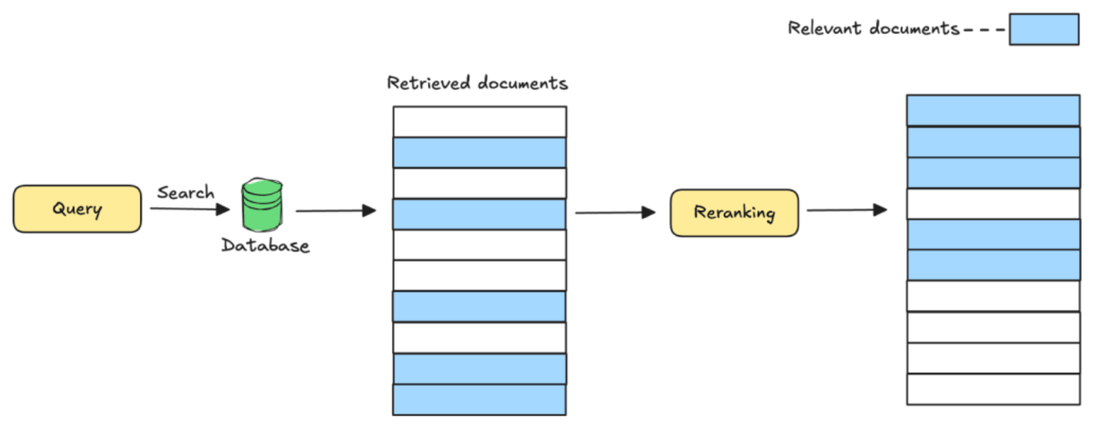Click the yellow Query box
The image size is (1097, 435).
tap(77, 209)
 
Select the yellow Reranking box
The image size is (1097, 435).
tap(734, 213)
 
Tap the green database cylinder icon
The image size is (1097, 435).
tap(262, 205)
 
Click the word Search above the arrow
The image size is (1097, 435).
tap(185, 193)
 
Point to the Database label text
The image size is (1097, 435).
tap(265, 245)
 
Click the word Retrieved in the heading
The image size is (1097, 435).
tap(428, 83)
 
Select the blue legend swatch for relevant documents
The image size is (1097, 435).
tap(1044, 29)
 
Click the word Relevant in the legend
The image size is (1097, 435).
tap(824, 28)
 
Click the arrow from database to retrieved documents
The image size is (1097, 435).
tap(335, 211)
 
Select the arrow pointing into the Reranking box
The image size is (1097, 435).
tap(615, 213)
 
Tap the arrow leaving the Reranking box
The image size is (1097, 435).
tap(847, 210)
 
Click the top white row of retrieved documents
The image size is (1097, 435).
tap(479, 122)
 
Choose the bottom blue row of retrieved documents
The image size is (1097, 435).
tap(479, 400)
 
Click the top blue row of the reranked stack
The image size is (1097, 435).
tap(993, 111)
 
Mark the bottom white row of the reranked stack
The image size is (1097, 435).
tap(993, 389)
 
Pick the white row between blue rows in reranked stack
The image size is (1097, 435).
tap(993, 204)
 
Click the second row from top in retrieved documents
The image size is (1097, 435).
tap(479, 152)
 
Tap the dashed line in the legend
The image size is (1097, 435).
tap(984, 29)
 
